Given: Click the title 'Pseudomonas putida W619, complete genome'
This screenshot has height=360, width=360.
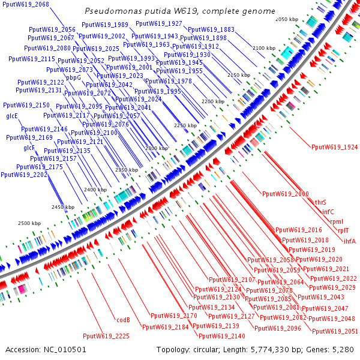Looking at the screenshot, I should click(x=180, y=11).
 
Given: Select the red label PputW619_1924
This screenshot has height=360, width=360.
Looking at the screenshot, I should click(x=334, y=147).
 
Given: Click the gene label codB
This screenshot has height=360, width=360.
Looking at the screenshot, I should click(x=123, y=320).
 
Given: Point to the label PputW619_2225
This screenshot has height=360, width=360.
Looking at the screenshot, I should click(x=106, y=336).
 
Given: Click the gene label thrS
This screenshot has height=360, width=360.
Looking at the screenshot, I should click(x=320, y=202).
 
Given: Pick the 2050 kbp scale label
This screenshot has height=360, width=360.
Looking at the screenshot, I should click(x=287, y=20).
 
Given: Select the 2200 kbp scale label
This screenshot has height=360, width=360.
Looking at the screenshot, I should click(x=212, y=102).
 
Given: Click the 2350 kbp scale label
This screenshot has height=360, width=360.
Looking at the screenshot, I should click(x=127, y=170).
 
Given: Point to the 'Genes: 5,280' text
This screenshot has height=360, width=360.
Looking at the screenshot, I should click(x=333, y=349).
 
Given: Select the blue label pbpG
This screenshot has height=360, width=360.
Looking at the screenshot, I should click(x=73, y=77).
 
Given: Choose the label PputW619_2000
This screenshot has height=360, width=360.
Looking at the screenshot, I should click(x=285, y=194).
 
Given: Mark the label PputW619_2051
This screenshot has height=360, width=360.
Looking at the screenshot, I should click(x=335, y=331).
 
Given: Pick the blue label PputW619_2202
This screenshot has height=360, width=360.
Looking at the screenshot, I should click(x=24, y=175).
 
